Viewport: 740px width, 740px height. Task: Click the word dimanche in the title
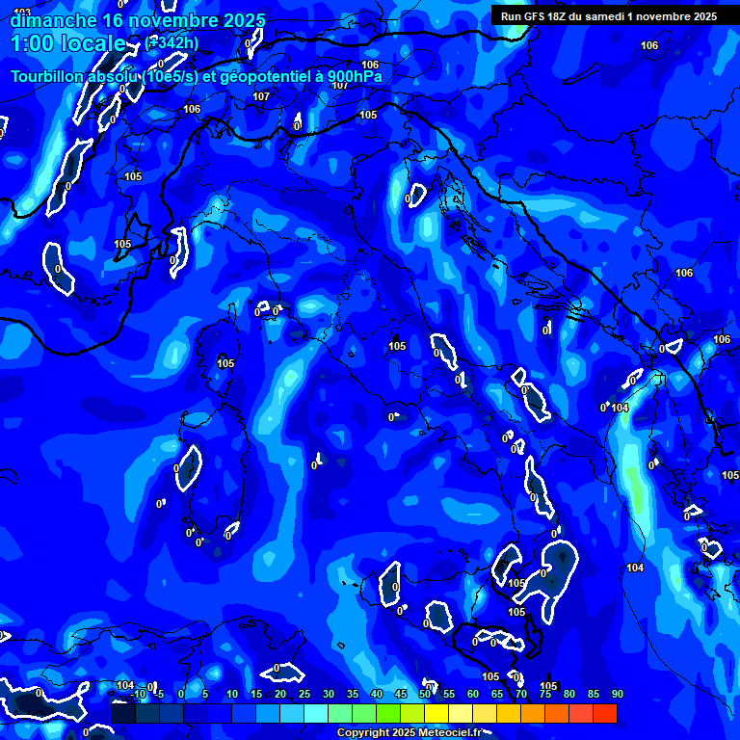coord(53,20)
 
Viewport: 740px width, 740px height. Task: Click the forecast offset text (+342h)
coord(173,42)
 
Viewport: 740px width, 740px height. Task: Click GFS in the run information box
coord(538,16)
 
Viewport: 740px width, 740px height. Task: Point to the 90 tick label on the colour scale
coord(617,694)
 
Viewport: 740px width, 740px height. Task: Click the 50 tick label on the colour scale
coord(424,694)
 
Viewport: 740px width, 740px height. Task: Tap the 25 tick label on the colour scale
coord(304,694)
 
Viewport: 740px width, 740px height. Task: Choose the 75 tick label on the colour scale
coord(544,694)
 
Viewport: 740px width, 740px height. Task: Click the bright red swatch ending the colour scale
coord(605,713)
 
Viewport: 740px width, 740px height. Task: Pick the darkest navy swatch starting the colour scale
coord(123,713)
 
